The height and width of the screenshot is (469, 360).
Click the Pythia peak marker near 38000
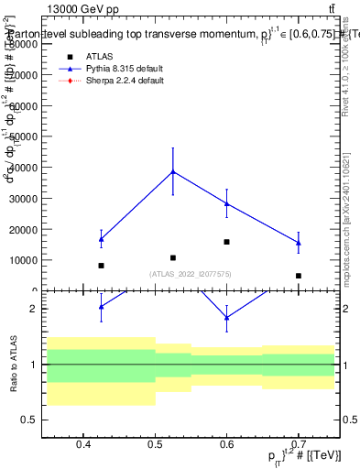172,171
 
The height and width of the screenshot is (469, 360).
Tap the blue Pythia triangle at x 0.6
226,203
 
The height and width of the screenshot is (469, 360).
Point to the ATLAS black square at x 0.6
226,242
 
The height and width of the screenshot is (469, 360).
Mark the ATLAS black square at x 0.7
299,276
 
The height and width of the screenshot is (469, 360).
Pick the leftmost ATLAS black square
101,266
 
